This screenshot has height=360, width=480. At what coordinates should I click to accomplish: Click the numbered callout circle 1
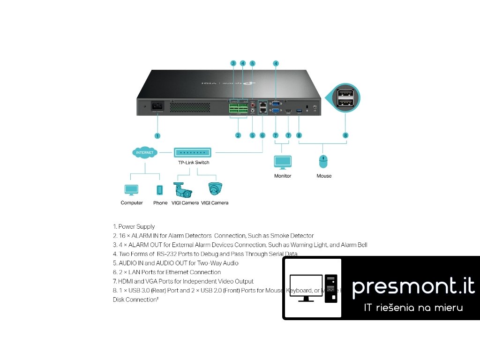point(157,135)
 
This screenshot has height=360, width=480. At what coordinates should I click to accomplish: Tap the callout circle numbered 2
point(238,135)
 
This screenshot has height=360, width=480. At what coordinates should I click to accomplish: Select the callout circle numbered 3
point(233,63)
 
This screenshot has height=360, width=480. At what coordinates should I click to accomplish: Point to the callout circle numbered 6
point(262,135)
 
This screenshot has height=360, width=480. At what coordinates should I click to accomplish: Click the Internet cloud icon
point(145,153)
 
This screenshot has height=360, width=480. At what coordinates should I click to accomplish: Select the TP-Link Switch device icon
point(193,152)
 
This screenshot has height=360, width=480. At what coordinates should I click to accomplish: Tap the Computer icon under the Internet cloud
point(131,190)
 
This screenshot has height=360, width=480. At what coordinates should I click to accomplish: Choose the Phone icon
point(160,190)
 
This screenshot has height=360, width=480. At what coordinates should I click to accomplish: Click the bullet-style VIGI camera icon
point(183,189)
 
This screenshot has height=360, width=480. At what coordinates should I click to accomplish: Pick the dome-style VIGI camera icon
point(215,188)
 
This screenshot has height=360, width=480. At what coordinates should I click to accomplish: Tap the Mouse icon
point(323,162)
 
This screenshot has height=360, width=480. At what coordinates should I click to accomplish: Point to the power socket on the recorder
point(157,107)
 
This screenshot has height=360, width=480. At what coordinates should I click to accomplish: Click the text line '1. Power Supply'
point(134,226)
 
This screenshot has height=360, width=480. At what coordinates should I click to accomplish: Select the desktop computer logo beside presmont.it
point(313,288)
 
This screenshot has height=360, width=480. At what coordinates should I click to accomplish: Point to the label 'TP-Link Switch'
point(194,163)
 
